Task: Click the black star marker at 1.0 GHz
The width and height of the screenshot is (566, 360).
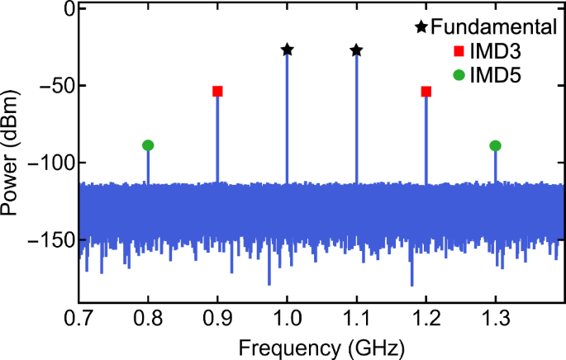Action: pyautogui.click(x=287, y=50)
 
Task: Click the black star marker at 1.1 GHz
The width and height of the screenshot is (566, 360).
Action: pyautogui.click(x=356, y=50)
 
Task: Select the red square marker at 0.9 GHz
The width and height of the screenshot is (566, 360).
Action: pyautogui.click(x=217, y=92)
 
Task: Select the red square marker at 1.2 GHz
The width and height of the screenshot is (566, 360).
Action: pyautogui.click(x=426, y=92)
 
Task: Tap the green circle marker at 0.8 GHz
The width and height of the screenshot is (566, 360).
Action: pyautogui.click(x=148, y=145)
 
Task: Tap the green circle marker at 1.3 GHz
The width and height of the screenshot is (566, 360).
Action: pyautogui.click(x=495, y=146)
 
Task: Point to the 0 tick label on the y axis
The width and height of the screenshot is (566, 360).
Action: pyautogui.click(x=69, y=9)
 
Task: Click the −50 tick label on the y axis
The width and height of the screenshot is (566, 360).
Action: pyautogui.click(x=57, y=86)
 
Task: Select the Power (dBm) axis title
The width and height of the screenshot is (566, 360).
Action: pyautogui.click(x=12, y=154)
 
